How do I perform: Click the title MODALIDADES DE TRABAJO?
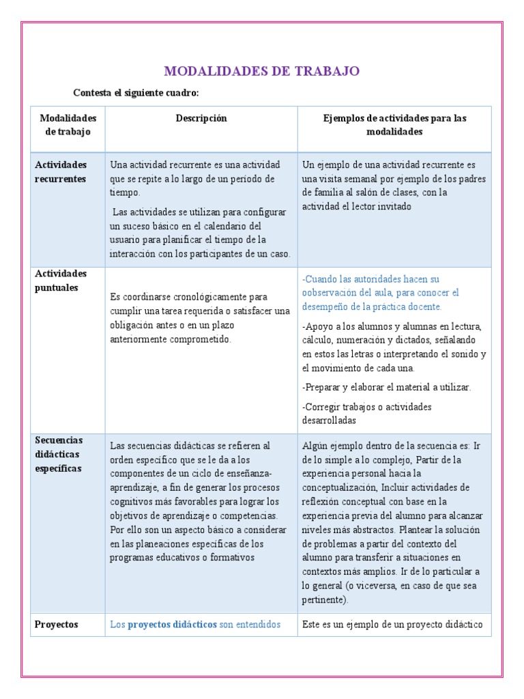tap(262, 72)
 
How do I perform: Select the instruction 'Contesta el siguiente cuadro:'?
tap(136, 93)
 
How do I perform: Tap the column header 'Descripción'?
tap(201, 119)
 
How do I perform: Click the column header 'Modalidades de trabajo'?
tap(68, 125)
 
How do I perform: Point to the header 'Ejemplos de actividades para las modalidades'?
tap(394, 125)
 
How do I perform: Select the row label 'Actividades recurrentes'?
tap(61, 172)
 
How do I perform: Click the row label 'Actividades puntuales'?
tap(61, 281)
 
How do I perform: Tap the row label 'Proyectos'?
tap(57, 624)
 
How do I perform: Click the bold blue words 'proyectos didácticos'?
tap(172, 624)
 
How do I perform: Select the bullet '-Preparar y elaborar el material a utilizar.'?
tap(386, 387)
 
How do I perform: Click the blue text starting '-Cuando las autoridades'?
tap(381, 293)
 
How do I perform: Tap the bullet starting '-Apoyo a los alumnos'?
tap(394, 347)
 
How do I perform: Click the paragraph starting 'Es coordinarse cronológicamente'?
tap(200, 318)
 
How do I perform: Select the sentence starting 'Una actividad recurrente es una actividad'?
tap(194, 179)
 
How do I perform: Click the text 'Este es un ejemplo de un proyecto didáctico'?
tap(392, 624)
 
